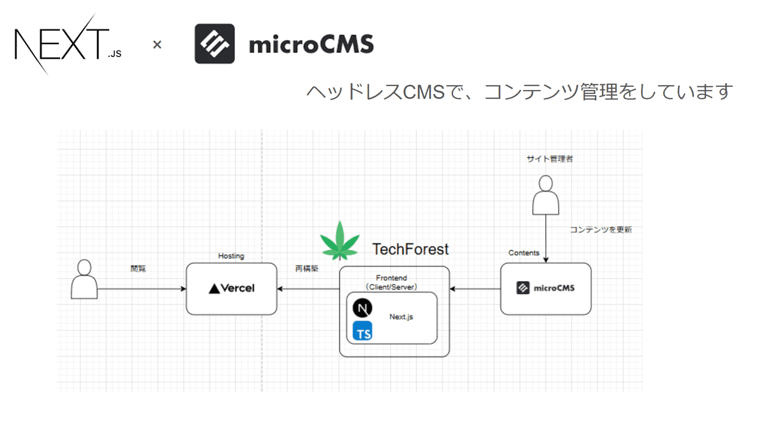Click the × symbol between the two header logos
[157, 45]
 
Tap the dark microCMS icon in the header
[214, 44]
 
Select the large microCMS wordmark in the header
[311, 45]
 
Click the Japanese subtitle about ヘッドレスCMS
[519, 92]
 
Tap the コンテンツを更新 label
[601, 229]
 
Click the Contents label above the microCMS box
[524, 253]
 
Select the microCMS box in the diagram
[546, 288]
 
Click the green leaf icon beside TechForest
[340, 242]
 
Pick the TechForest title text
[410, 249]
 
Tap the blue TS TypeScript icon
[363, 331]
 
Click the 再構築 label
[306, 269]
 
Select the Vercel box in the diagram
[232, 288]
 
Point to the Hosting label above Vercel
[231, 256]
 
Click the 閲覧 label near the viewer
[138, 269]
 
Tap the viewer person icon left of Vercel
[84, 280]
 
